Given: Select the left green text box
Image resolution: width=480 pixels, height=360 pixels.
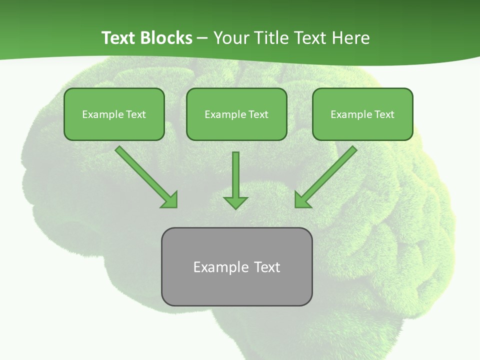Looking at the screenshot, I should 114,114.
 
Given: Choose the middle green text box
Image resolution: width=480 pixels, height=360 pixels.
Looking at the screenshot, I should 236,114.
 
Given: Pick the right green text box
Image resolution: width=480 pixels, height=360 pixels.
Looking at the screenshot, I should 362,114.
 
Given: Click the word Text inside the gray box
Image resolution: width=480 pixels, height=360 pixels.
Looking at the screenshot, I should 267,267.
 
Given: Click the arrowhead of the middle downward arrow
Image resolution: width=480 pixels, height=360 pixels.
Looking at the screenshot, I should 235,202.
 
